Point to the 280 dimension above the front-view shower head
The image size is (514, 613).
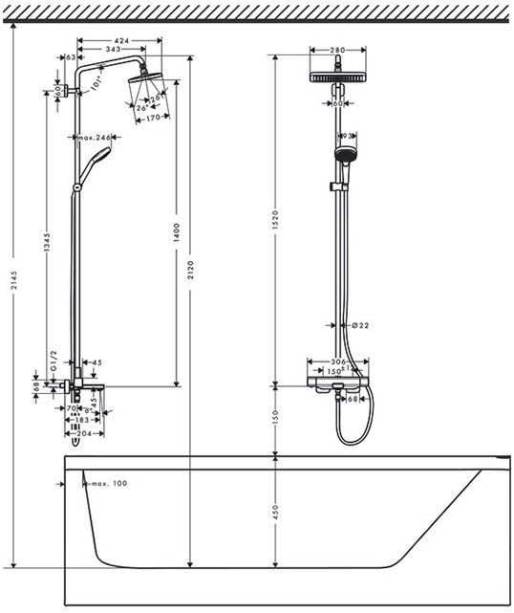(x=336, y=50)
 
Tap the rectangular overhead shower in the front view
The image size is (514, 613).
(x=336, y=78)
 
